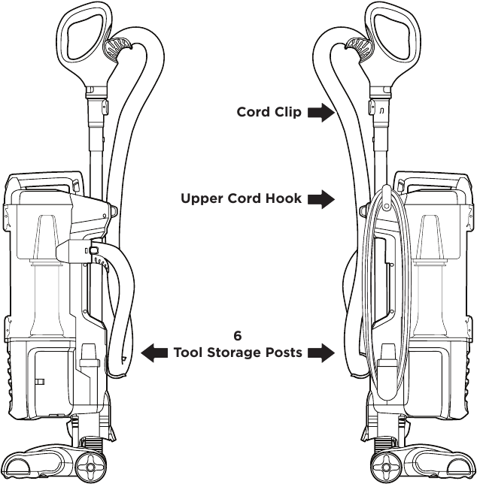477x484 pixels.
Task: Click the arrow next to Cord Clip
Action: (321, 113)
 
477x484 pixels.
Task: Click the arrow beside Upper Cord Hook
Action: (321, 199)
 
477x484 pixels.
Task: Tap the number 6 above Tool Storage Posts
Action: (238, 336)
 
